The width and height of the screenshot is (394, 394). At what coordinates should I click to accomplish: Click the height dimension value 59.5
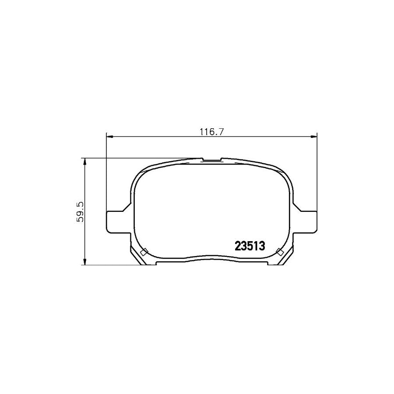80,212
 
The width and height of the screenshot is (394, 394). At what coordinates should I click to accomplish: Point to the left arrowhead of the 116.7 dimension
109,137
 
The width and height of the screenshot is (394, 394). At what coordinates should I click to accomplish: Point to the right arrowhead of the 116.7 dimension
313,137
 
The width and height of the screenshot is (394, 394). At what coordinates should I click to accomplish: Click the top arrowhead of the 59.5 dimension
84,161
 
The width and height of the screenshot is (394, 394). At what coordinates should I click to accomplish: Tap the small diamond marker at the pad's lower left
143,252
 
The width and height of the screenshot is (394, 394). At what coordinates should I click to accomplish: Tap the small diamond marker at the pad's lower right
279,251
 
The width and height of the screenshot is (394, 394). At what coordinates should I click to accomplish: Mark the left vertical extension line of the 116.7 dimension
106,175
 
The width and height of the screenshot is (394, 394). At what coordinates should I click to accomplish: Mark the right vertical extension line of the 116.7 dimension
317,175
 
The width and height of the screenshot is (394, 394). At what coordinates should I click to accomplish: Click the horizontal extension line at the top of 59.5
131,158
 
